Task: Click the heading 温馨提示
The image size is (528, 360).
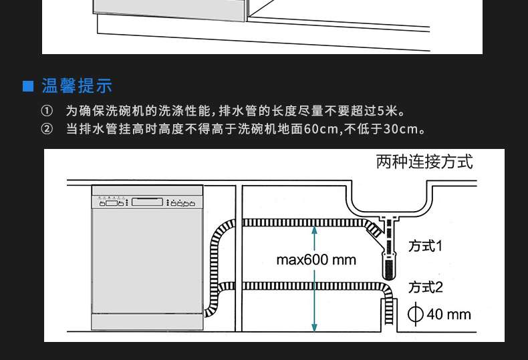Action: point(77,85)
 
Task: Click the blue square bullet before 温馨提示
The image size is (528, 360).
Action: point(27,86)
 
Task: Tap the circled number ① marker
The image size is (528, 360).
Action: point(47,111)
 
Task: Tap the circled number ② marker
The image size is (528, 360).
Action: point(47,128)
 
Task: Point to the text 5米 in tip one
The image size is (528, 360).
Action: point(387,111)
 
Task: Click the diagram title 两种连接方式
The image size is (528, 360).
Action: point(424,162)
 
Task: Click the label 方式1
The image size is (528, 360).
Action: point(425,246)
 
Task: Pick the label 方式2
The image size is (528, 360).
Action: point(425,287)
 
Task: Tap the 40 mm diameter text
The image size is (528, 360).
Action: point(448,314)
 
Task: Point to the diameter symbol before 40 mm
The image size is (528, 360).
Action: point(415,314)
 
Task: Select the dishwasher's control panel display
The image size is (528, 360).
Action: point(147,202)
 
